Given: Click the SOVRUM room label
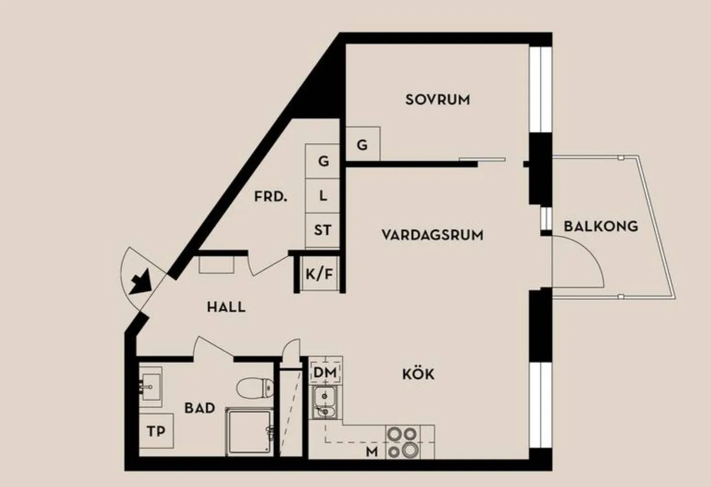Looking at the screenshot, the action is pyautogui.click(x=437, y=100).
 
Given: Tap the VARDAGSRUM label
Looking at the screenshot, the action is pyautogui.click(x=433, y=235).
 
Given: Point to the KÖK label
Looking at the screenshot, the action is pyautogui.click(x=418, y=374).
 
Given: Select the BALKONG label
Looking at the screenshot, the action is pyautogui.click(x=601, y=226).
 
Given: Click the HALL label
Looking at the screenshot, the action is pyautogui.click(x=226, y=307).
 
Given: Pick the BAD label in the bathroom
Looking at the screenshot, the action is pyautogui.click(x=200, y=408).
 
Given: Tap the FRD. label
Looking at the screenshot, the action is pyautogui.click(x=270, y=197).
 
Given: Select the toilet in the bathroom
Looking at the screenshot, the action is pyautogui.click(x=255, y=387).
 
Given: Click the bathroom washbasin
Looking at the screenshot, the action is pyautogui.click(x=150, y=387).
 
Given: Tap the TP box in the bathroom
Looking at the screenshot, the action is pyautogui.click(x=156, y=431).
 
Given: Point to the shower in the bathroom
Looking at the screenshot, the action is pyautogui.click(x=249, y=432).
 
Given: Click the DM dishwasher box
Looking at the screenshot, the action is pyautogui.click(x=325, y=372).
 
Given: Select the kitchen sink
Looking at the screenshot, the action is pyautogui.click(x=324, y=402).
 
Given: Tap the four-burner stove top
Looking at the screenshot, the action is pyautogui.click(x=403, y=442).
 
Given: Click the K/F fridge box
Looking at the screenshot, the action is pyautogui.click(x=319, y=274).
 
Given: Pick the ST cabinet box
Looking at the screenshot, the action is pyautogui.click(x=322, y=230).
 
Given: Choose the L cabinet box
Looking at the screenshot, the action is pyautogui.click(x=322, y=196).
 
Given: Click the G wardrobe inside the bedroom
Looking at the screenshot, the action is pyautogui.click(x=363, y=144).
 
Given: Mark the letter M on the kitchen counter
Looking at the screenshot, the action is pyautogui.click(x=371, y=451).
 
